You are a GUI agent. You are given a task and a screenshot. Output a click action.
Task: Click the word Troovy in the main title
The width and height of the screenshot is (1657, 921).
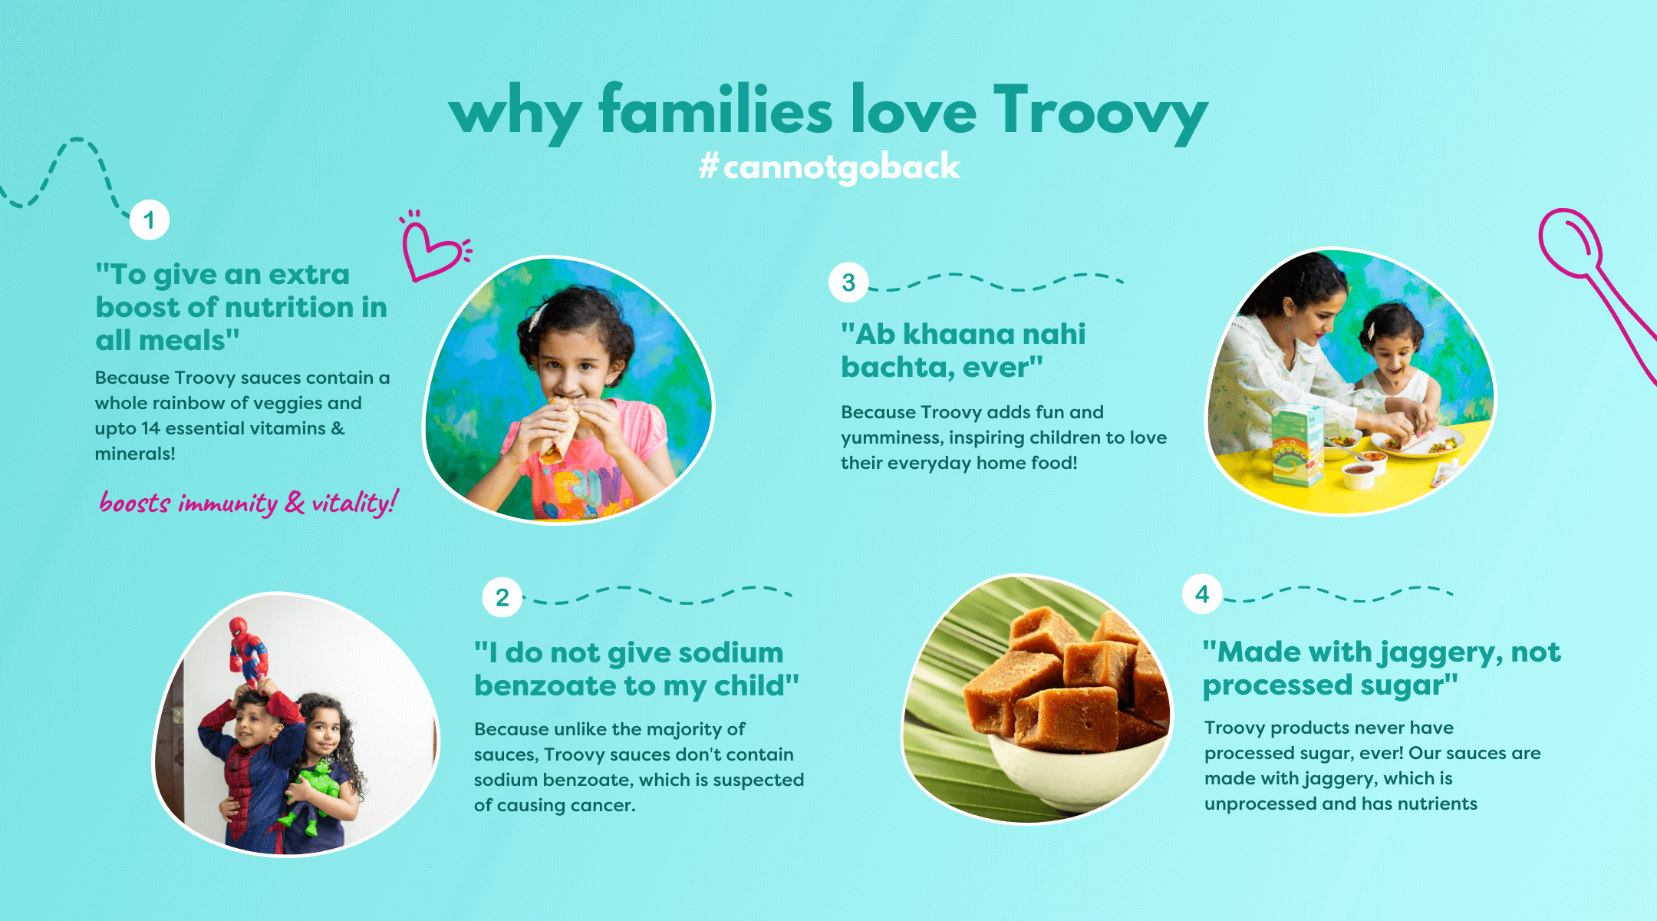point(1101,114)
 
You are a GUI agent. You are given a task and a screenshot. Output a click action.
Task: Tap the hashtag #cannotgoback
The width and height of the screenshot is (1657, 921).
point(829,167)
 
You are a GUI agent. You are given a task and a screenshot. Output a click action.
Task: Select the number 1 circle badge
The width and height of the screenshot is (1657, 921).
point(150,220)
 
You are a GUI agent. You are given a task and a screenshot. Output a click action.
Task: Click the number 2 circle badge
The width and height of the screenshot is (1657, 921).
point(502,596)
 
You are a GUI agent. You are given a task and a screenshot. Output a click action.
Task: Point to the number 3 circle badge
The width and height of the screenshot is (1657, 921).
point(848,282)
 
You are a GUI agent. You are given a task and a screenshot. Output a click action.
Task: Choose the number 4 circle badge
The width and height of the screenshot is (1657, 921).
point(1202,593)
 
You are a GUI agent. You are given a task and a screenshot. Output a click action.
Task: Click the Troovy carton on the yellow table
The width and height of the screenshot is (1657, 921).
point(1297,446)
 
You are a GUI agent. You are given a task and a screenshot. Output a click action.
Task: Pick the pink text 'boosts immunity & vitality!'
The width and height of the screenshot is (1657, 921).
point(249,503)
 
